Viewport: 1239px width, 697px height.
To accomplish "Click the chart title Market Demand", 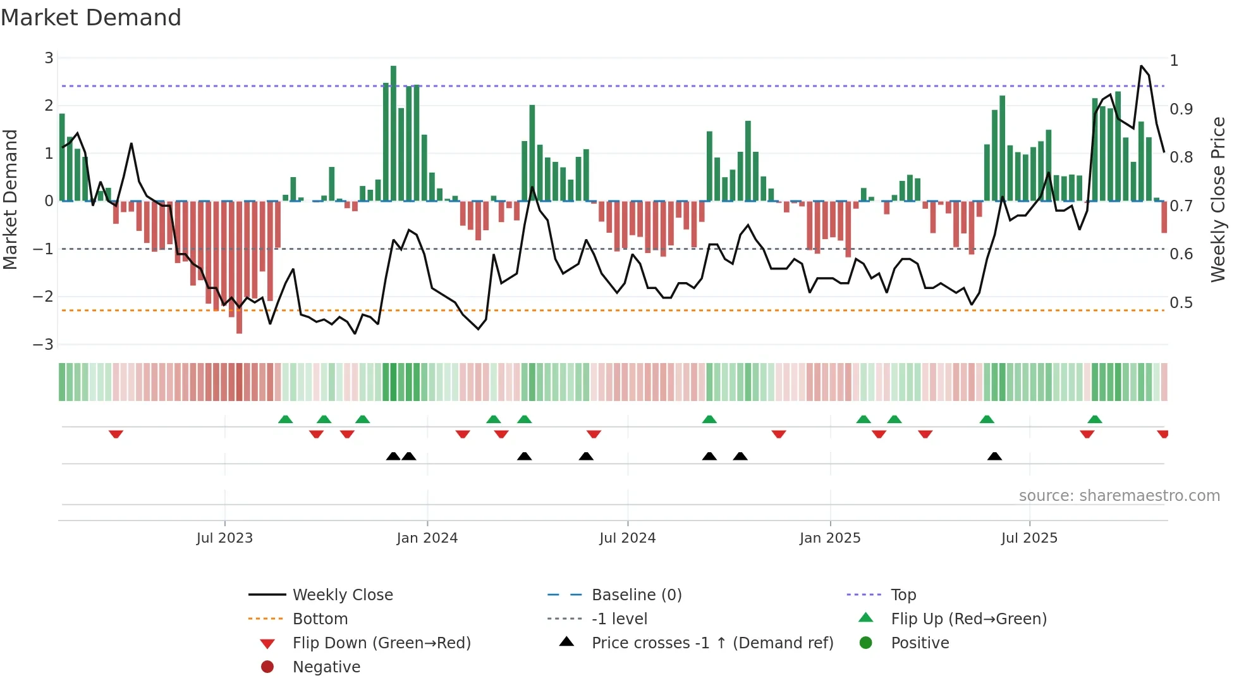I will (x=91, y=18).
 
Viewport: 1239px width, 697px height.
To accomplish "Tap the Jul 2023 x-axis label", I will (x=224, y=538).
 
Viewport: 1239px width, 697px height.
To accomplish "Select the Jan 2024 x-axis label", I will (x=427, y=538).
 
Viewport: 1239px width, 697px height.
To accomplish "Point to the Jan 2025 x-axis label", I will (x=829, y=538).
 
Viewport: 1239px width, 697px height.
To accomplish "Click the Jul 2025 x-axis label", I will (x=1029, y=538).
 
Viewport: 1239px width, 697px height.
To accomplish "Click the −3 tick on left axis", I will (x=44, y=345).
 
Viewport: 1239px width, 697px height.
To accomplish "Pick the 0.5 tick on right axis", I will (x=1181, y=303).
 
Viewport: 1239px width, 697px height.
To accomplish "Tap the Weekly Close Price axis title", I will (x=1218, y=199).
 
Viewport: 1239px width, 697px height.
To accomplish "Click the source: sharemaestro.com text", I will (x=1119, y=496).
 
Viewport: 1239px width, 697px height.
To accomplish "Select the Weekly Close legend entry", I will (x=342, y=595).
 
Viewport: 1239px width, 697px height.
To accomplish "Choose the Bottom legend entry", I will (x=320, y=619).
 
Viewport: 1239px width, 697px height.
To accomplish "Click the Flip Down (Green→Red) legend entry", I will (x=381, y=643).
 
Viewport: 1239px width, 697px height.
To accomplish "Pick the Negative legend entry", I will (x=326, y=667).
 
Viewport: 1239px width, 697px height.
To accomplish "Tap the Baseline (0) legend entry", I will (x=636, y=595).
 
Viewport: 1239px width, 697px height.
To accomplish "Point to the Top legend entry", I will (x=903, y=595).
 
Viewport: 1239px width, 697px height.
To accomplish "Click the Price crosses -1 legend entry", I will (x=712, y=643).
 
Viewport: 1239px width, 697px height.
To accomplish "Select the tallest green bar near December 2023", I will (x=393, y=133).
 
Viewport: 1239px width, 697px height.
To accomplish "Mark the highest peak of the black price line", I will (x=1141, y=66).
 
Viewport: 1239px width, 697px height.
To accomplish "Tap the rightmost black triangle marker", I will (x=994, y=456).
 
